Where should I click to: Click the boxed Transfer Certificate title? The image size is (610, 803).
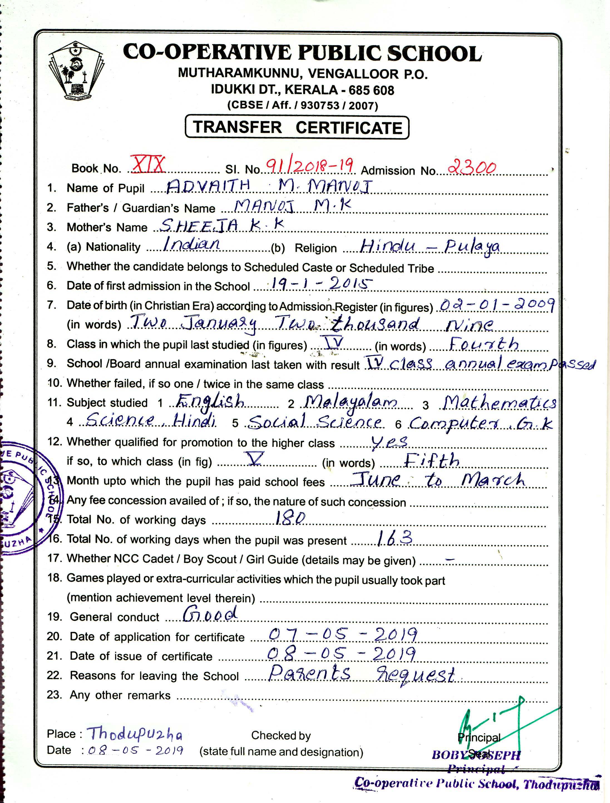click(297, 127)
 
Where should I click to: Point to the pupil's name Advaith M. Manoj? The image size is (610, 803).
click(269, 187)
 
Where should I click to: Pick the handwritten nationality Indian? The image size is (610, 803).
click(191, 243)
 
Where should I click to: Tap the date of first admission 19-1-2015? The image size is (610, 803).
click(322, 284)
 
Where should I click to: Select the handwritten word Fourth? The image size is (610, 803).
click(484, 344)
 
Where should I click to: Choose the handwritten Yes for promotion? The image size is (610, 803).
click(389, 442)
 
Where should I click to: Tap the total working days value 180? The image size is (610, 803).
click(290, 518)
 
